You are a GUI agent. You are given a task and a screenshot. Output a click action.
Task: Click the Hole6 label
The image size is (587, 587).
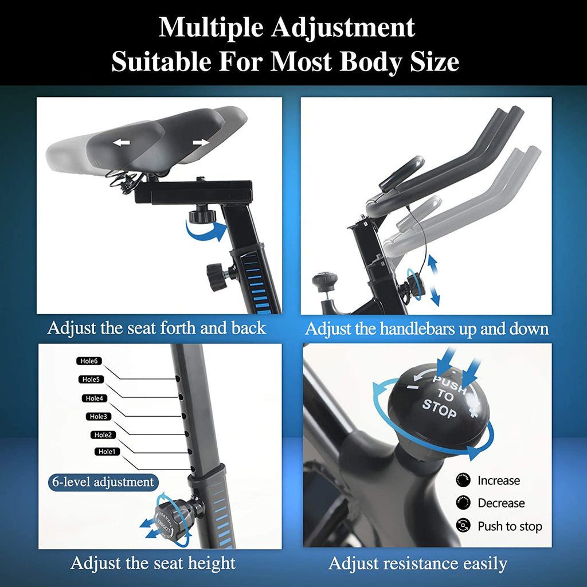click(89, 361)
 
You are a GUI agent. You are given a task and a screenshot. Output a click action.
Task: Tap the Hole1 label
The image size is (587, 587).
click(107, 452)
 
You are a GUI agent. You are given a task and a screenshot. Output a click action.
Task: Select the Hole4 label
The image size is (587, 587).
click(95, 398)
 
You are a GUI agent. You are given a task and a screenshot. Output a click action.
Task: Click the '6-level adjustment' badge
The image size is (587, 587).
click(103, 482)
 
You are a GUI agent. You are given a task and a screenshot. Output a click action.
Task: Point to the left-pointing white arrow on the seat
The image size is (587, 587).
click(122, 142)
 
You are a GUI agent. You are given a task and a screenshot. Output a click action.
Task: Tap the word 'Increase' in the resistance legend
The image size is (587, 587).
click(499, 480)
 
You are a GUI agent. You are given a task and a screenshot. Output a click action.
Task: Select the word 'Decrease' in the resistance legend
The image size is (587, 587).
click(501, 503)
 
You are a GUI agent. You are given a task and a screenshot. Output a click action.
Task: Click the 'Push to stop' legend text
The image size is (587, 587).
click(510, 526)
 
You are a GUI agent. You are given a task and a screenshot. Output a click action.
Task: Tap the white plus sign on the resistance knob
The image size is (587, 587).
click(473, 412)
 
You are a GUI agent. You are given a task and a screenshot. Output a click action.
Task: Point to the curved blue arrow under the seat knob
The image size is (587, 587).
click(206, 230)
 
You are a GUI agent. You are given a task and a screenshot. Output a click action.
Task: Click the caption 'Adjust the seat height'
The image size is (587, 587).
click(153, 563)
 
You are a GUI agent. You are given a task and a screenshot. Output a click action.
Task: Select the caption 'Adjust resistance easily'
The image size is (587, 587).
click(418, 563)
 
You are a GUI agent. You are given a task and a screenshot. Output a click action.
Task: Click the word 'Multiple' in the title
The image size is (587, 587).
click(211, 28)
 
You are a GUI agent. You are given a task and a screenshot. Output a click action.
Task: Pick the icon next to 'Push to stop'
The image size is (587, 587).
click(463, 526)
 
